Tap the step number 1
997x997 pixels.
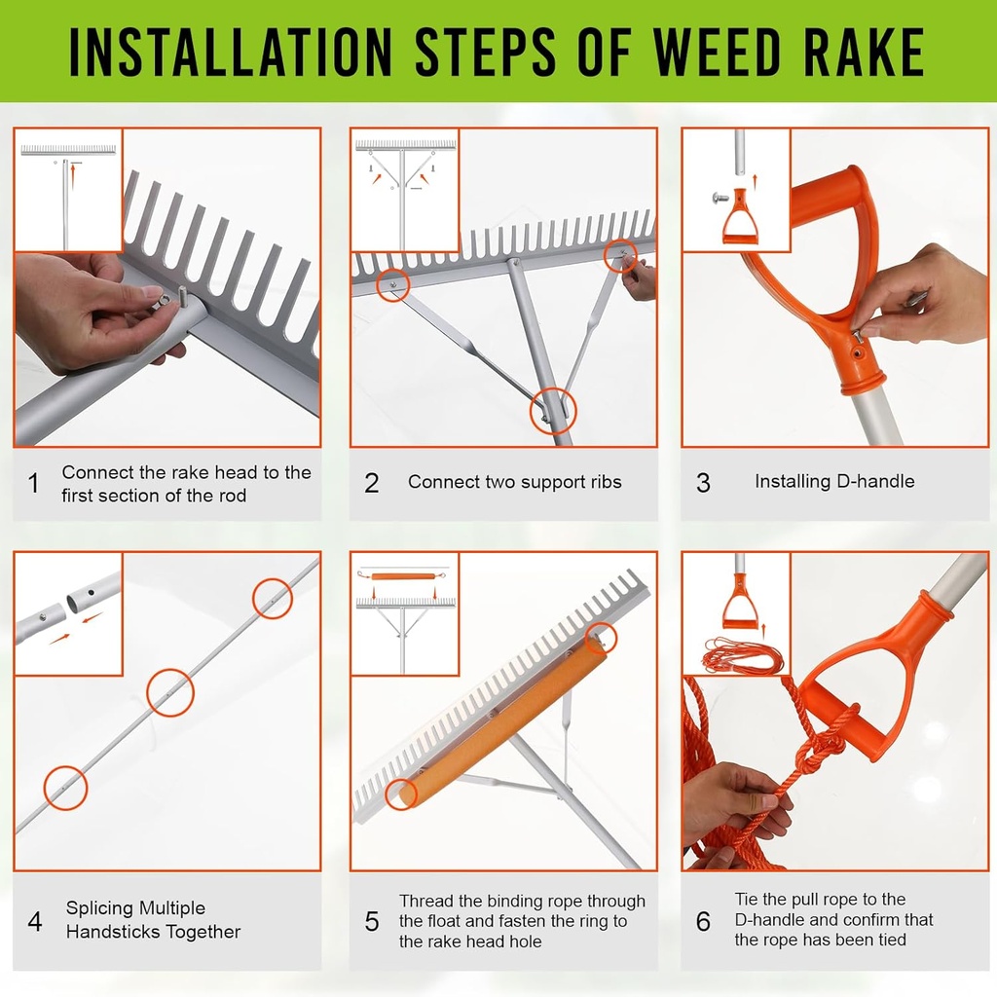34,483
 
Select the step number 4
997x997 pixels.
35,921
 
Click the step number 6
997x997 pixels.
703,921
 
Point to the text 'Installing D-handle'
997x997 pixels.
834,481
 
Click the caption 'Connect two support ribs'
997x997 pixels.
514,482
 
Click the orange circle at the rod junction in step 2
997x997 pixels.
553,412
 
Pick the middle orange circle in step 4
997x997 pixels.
170,692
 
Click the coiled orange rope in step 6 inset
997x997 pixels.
742,655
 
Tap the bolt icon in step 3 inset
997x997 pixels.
721,198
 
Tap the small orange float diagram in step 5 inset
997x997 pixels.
403,575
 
